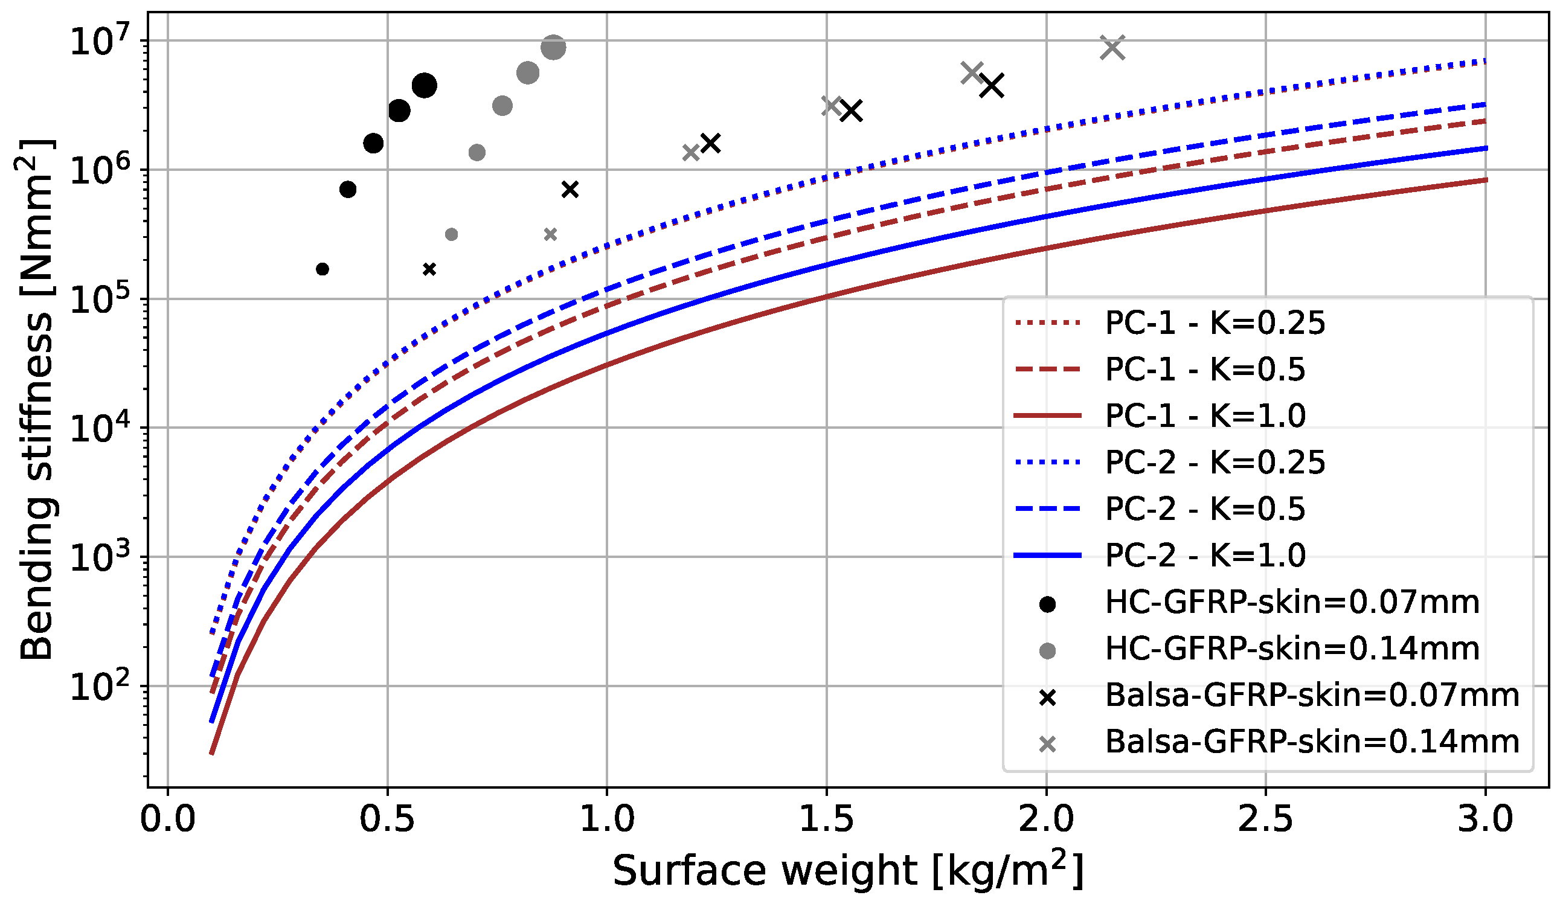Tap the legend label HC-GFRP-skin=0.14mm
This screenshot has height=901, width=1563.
pos(1292,649)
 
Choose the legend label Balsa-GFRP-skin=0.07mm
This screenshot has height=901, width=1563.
pos(1312,695)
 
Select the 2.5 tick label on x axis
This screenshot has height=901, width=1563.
pos(1265,819)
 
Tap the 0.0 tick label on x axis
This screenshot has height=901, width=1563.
pos(168,819)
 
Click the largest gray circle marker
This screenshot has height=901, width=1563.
pos(553,47)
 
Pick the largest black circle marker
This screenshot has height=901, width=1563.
pos(425,85)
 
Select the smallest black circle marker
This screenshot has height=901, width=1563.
pos(323,269)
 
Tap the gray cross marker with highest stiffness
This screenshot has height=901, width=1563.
pos(1112,47)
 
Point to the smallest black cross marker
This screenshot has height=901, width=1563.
pos(429,269)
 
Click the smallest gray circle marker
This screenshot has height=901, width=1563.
pos(452,234)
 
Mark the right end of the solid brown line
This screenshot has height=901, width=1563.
pos(1486,180)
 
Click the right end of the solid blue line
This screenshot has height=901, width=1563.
pos(1486,148)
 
